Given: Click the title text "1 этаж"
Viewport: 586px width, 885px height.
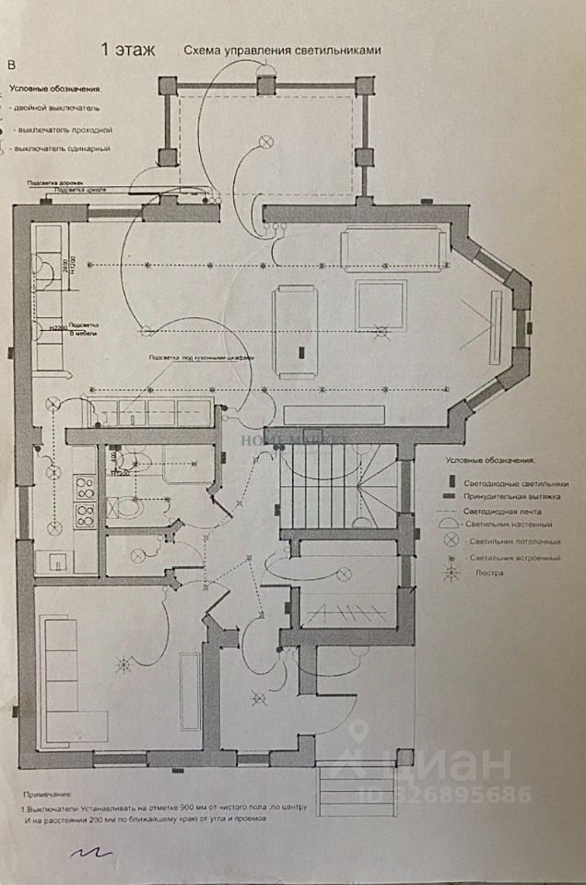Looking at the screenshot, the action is click(128, 49).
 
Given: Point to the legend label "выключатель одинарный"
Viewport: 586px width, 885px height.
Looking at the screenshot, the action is click(63, 148).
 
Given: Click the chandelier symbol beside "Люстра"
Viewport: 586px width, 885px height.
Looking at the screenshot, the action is click(451, 572).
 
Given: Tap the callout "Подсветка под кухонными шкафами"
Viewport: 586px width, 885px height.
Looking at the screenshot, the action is click(201, 357).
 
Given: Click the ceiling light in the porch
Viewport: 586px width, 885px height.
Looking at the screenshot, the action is click(267, 141).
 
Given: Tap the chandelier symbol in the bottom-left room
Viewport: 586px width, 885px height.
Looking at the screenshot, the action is click(119, 661).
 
